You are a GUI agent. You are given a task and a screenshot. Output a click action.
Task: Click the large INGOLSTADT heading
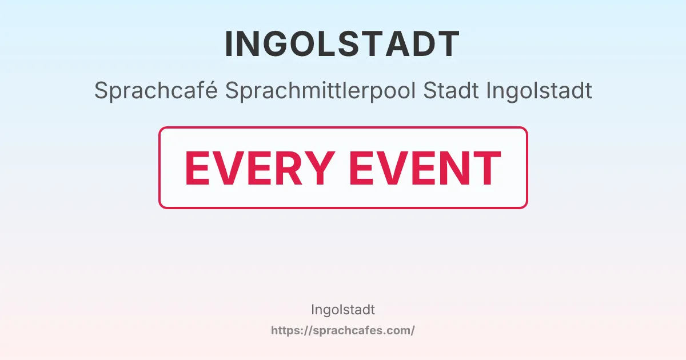point(342,44)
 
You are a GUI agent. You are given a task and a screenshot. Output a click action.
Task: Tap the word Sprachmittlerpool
point(321,91)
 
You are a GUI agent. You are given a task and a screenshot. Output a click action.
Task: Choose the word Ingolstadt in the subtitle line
point(539,91)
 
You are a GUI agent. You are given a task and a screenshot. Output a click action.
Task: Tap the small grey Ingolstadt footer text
point(343,310)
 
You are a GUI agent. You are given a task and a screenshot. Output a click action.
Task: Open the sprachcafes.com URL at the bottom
point(343,330)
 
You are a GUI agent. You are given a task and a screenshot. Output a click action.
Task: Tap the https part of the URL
point(285,330)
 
